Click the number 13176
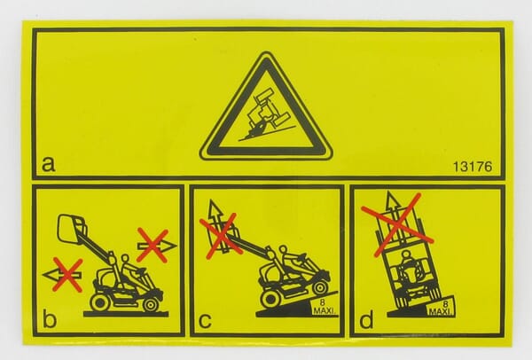point(473,167)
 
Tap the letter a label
point(48,164)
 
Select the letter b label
point(50,318)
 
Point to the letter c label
point(205,320)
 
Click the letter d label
point(366,318)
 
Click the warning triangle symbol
point(266,107)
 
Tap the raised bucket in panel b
point(72,228)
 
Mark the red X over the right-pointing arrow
point(153,246)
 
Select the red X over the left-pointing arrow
point(68,275)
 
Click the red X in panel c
point(221,235)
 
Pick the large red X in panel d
point(397,225)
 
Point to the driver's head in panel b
point(125,259)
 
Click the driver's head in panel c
point(284,250)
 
